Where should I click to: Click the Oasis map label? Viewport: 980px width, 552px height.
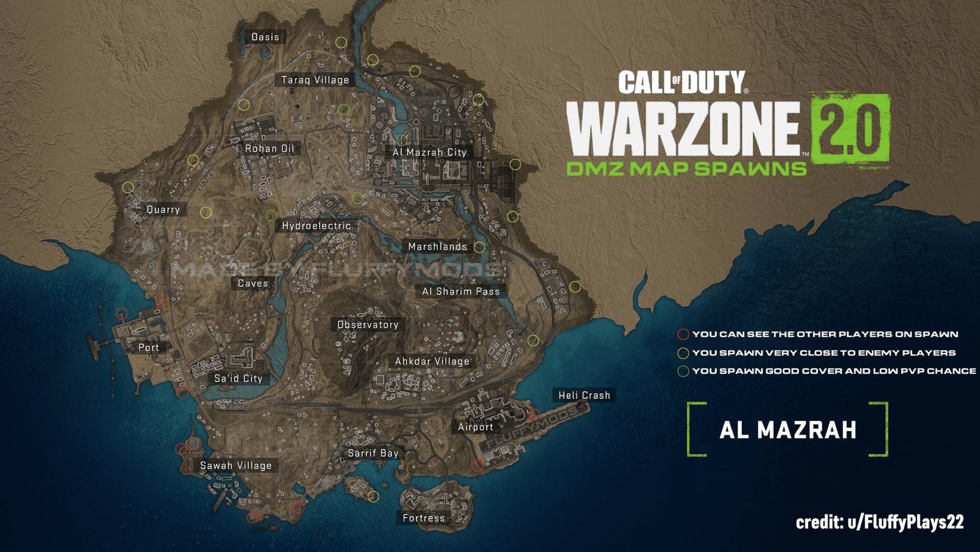(265, 37)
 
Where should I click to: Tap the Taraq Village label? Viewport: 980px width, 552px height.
(315, 80)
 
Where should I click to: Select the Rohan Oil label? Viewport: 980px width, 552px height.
(269, 148)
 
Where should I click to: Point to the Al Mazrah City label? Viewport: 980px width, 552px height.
(429, 152)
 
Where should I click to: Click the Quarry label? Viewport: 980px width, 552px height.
(163, 209)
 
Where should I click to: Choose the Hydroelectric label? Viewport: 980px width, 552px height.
(316, 226)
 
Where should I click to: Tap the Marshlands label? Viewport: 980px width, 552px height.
(437, 247)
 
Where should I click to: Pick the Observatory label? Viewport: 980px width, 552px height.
(368, 325)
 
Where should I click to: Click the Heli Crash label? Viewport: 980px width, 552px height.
(584, 395)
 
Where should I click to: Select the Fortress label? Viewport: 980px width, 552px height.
(423, 518)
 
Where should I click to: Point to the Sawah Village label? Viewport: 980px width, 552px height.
(236, 466)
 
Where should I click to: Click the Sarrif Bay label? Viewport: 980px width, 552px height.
(373, 453)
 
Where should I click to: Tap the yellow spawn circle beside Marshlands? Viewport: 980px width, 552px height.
(479, 247)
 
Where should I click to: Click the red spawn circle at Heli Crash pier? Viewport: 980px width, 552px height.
(534, 414)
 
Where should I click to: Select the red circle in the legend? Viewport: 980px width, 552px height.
(683, 334)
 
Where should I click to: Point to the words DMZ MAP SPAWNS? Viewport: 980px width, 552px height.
(686, 168)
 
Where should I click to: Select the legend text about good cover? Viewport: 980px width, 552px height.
(834, 371)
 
